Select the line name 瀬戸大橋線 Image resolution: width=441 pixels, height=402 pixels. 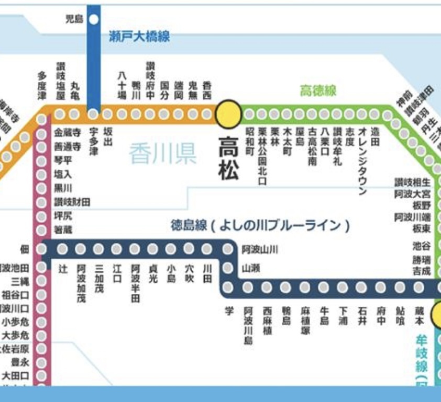(x=139, y=37)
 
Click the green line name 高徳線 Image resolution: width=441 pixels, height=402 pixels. (x=318, y=91)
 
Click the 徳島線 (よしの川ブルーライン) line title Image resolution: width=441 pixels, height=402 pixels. (x=260, y=226)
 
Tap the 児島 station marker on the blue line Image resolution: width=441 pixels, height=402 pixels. (x=94, y=20)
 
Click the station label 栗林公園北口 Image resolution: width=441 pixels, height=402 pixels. (x=262, y=156)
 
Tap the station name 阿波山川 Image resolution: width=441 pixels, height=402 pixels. (x=260, y=250)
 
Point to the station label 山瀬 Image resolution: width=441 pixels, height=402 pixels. (x=250, y=268)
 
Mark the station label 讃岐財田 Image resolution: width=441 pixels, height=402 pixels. (x=72, y=202)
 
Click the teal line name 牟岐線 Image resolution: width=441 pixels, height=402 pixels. (x=422, y=355)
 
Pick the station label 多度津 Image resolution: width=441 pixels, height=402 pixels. (x=42, y=86)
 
